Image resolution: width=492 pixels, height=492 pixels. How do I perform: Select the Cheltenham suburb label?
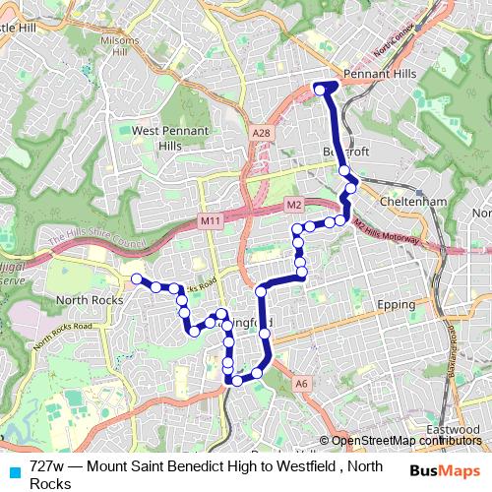coord(410,201)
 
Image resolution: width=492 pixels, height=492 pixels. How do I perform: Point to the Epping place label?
coord(397,305)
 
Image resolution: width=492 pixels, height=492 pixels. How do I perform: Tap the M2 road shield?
coord(293,204)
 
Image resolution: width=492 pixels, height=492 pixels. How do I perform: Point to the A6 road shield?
coord(301,385)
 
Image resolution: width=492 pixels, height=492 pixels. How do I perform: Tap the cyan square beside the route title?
coord(14,470)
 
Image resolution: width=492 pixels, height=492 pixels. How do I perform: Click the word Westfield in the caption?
coord(299,466)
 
